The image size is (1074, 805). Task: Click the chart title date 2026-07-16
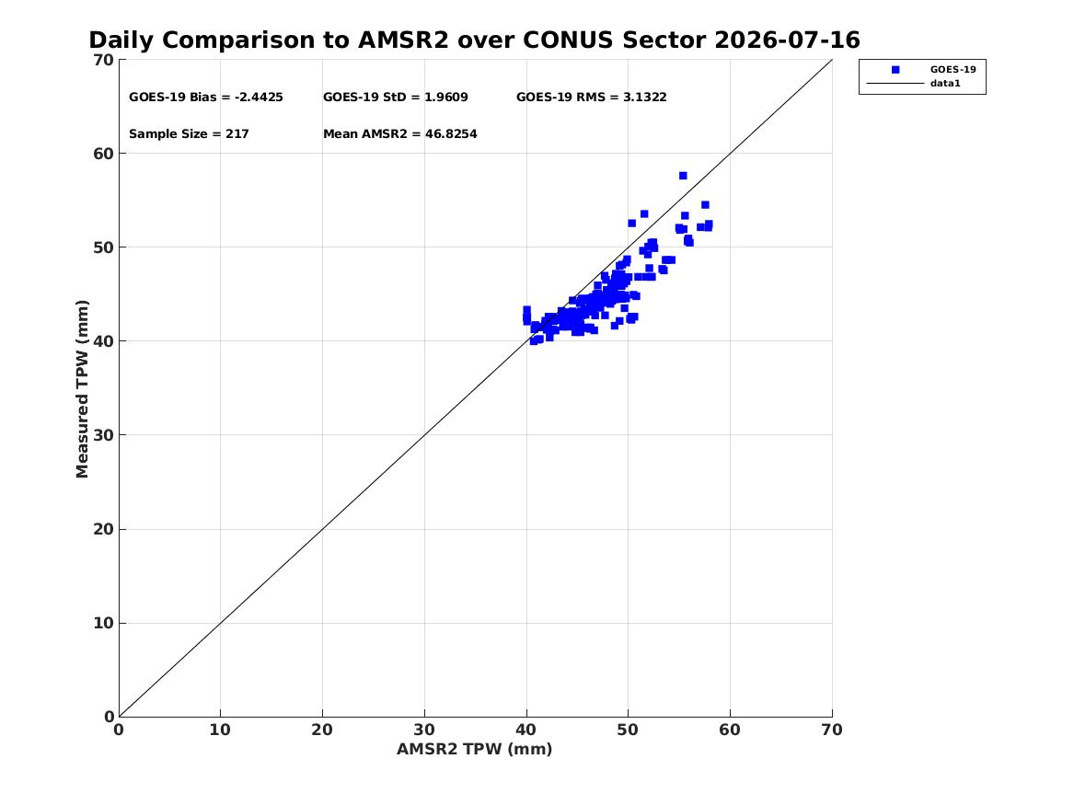[787, 40]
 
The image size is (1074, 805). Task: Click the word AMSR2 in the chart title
[403, 40]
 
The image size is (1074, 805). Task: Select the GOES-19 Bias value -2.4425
[259, 98]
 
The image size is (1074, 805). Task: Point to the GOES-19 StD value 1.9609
[446, 98]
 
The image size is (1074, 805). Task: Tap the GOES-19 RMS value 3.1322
[644, 98]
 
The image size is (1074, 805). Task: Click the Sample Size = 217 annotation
[189, 134]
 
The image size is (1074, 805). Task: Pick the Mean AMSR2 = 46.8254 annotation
[400, 134]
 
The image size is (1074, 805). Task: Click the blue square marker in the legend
[895, 70]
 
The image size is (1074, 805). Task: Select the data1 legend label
[945, 84]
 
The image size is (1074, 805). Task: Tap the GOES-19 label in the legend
[953, 70]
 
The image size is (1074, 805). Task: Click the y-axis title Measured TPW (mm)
[82, 389]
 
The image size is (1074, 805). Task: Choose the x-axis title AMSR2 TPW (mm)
[475, 750]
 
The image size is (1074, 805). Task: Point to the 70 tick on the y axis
[103, 60]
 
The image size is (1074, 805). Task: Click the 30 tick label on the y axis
[103, 435]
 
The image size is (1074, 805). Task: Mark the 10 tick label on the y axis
[103, 624]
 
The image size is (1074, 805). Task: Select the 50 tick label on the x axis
[628, 730]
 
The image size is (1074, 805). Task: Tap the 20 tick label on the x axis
[322, 730]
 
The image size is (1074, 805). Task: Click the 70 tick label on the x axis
[832, 730]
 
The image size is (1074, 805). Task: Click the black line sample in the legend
[895, 84]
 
